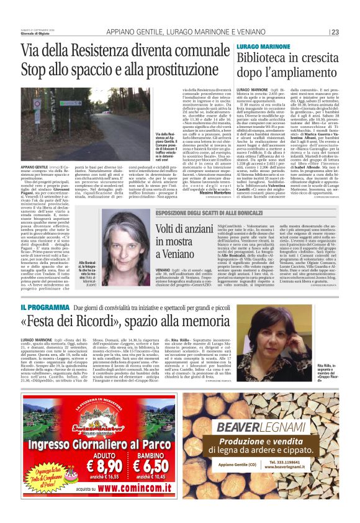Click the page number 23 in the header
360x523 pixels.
tap(335, 32)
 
